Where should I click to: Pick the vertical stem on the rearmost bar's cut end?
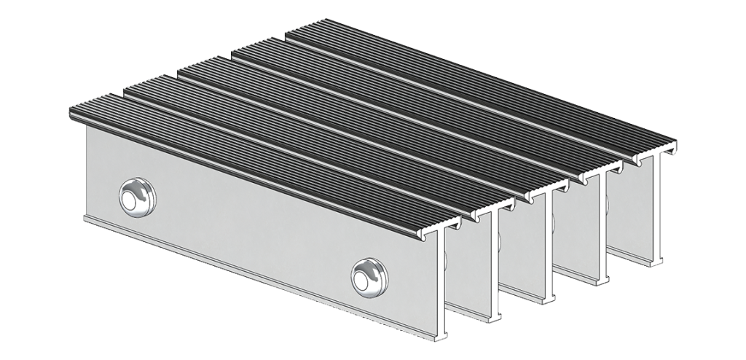(659, 204)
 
